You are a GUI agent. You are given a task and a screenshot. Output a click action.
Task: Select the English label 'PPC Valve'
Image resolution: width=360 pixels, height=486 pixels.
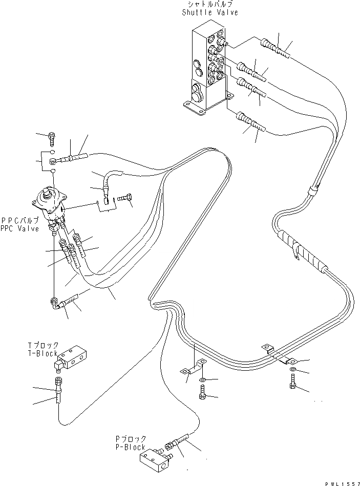coord(20,229)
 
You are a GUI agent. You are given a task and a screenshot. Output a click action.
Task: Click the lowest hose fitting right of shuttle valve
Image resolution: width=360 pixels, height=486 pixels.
coord(249,123)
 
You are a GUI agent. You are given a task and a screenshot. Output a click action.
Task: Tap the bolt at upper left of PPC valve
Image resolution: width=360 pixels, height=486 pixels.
coord(51,137)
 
